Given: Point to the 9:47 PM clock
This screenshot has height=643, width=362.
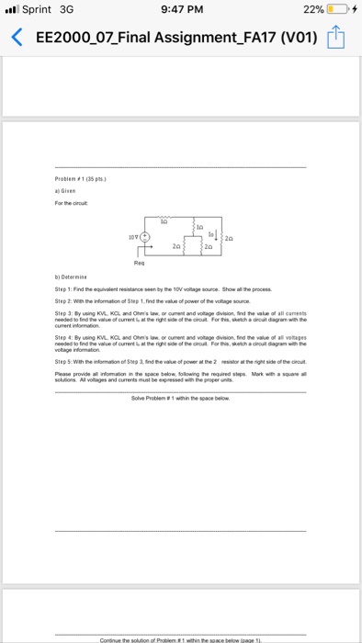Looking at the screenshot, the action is click(180, 12).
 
